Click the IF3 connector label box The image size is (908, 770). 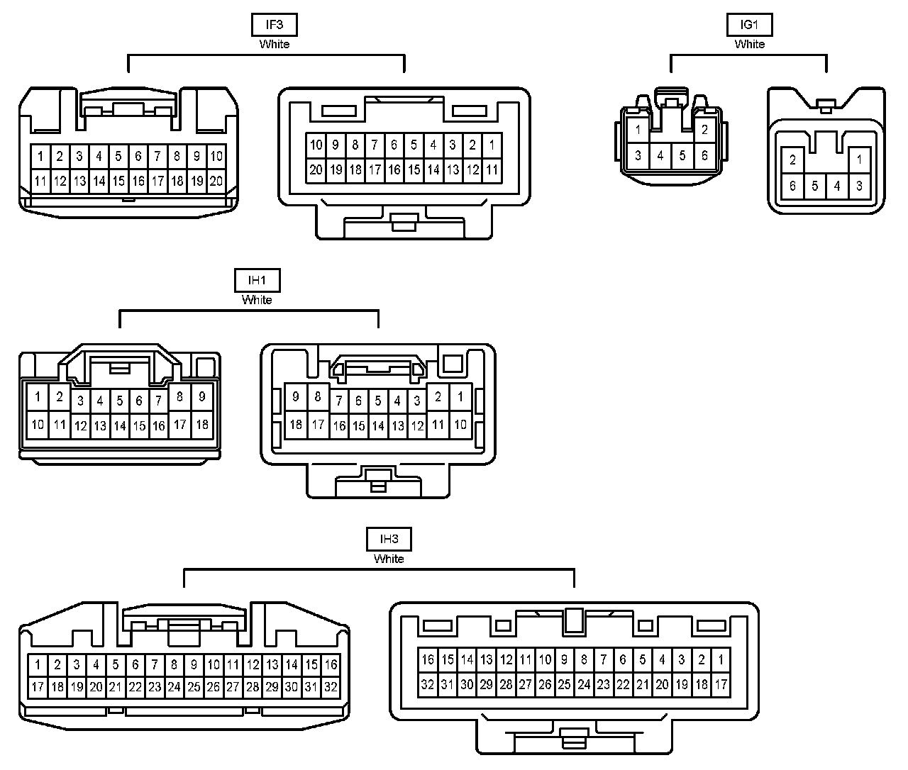[x=274, y=25]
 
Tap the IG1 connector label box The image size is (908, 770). [x=749, y=25]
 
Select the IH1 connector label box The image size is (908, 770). [x=257, y=281]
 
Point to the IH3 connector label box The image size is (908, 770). [x=389, y=539]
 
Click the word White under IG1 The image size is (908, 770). [x=749, y=44]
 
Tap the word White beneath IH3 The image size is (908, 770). [x=389, y=559]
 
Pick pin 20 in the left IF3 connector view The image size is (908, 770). [x=216, y=181]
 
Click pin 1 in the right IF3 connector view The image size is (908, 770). [x=492, y=145]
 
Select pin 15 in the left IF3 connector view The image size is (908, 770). [x=118, y=181]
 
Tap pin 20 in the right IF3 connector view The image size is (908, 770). [x=316, y=169]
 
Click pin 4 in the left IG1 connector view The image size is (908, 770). [x=660, y=156]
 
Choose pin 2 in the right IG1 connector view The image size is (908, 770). [x=793, y=160]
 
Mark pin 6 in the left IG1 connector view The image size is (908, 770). [x=704, y=156]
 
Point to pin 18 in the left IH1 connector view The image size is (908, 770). [x=202, y=424]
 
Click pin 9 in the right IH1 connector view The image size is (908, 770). [x=296, y=397]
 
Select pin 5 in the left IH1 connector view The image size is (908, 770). [x=119, y=401]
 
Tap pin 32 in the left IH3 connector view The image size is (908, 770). [x=331, y=686]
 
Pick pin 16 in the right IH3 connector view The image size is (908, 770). [x=428, y=659]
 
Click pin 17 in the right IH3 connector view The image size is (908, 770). [x=721, y=684]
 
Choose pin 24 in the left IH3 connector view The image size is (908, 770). [x=174, y=686]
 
